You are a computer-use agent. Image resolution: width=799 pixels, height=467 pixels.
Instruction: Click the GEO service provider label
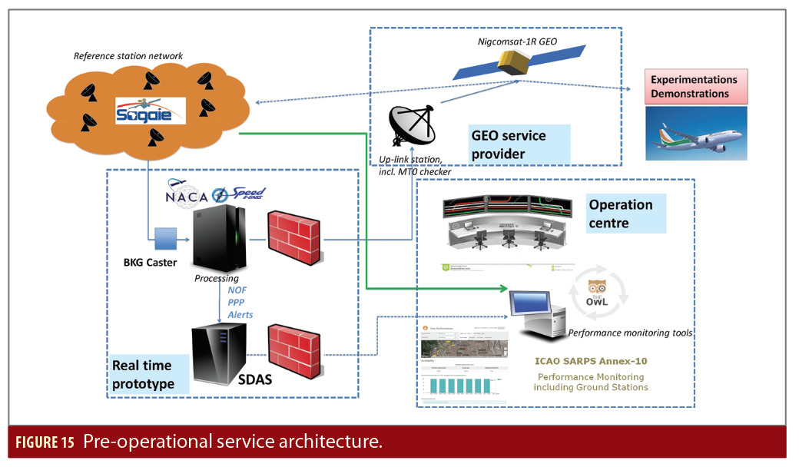508,144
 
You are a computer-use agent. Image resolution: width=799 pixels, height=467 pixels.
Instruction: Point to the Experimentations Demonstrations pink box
694,86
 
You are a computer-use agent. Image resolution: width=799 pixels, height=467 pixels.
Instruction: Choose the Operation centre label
621,214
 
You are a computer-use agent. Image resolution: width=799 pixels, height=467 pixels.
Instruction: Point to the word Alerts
240,315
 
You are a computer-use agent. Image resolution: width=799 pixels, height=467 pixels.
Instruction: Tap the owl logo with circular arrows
602,294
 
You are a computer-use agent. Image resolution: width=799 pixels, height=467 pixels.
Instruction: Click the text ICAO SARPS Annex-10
591,361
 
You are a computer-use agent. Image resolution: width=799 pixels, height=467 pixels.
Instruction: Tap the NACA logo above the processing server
187,197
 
